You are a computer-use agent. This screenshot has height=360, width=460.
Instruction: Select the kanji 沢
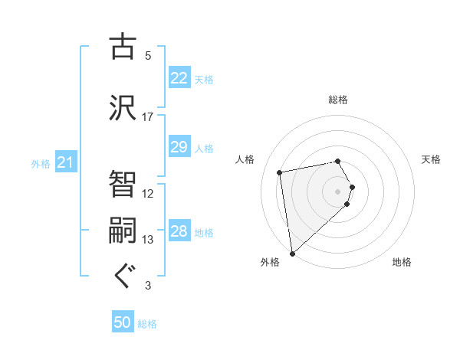(x=122, y=106)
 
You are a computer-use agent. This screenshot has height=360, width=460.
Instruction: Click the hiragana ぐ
(x=122, y=276)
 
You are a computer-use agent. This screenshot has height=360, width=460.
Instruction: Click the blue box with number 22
(x=179, y=77)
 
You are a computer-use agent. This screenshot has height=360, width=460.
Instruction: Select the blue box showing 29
(x=179, y=147)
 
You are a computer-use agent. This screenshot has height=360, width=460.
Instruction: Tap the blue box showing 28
(x=179, y=232)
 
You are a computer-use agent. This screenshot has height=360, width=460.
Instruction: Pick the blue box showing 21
(x=65, y=162)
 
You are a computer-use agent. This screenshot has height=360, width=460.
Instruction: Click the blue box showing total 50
(x=123, y=322)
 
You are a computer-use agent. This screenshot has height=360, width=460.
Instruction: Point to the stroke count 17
(x=147, y=116)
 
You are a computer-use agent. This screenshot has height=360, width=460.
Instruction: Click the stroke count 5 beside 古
(x=147, y=55)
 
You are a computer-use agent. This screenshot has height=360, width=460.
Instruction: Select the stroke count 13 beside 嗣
(x=147, y=240)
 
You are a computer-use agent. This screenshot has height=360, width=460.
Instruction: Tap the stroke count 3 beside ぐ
(x=147, y=286)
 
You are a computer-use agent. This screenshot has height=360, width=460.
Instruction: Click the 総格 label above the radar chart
(x=338, y=100)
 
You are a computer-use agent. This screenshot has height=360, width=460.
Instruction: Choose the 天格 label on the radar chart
(x=431, y=159)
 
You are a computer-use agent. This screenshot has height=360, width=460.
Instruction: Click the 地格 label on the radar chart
(x=402, y=262)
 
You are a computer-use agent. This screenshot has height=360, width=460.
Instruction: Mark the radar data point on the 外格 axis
(x=292, y=254)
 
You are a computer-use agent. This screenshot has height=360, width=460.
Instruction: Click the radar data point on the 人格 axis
(x=280, y=172)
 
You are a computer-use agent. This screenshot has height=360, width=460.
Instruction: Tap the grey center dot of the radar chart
(x=338, y=191)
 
